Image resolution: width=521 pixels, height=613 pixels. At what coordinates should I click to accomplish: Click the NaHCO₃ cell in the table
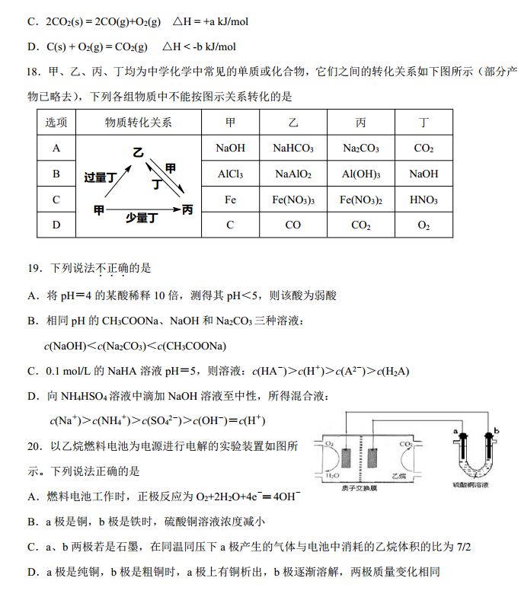pyautogui.click(x=293, y=148)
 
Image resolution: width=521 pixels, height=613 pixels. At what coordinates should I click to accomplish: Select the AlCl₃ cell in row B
pyautogui.click(x=230, y=174)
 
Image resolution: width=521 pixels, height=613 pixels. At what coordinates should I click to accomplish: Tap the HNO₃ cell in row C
pyautogui.click(x=424, y=200)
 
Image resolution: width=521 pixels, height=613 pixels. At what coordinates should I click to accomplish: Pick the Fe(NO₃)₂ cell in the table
pyautogui.click(x=360, y=200)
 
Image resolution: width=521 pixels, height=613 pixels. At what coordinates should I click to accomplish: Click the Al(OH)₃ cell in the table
pyautogui.click(x=360, y=174)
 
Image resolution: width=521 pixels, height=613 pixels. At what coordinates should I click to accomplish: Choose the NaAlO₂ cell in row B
pyautogui.click(x=293, y=174)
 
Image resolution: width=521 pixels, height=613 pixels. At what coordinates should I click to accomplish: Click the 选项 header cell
pyautogui.click(x=56, y=123)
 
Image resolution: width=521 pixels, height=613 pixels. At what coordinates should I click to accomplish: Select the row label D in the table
pyautogui.click(x=56, y=225)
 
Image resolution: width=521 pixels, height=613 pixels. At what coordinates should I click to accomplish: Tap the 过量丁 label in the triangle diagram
pyautogui.click(x=100, y=177)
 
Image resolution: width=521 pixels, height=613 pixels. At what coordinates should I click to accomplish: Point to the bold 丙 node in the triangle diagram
pyautogui.click(x=187, y=209)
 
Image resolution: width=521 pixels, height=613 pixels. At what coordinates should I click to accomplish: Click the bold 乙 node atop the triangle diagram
pyautogui.click(x=138, y=152)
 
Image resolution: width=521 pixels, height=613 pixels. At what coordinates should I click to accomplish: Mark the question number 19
pyautogui.click(x=34, y=268)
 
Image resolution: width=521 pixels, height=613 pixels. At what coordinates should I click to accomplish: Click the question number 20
pyautogui.click(x=34, y=445)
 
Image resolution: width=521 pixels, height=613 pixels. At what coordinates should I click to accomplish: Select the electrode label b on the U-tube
pyautogui.click(x=497, y=431)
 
